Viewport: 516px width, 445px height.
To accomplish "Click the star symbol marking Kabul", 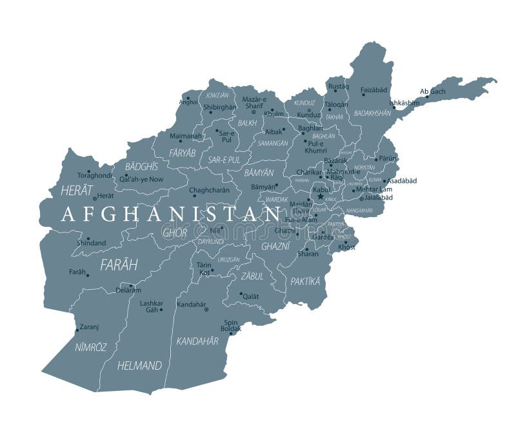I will tap(320, 196).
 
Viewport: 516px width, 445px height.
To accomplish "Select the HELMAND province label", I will tap(139, 366).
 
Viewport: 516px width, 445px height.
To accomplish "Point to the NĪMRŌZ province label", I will tap(90, 346).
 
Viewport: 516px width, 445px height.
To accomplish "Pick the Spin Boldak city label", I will tap(232, 325).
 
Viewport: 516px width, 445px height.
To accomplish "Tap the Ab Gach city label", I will tap(432, 91).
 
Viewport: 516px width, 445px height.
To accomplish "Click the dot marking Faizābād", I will tap(363, 95).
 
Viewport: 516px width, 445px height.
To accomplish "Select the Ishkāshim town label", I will tap(405, 103).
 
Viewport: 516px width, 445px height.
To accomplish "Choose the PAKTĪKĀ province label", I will tap(305, 281).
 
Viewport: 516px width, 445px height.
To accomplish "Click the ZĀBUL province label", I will tap(252, 276).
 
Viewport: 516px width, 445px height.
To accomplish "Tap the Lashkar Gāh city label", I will tap(152, 306).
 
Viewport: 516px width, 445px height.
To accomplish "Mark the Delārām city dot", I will tap(131, 286).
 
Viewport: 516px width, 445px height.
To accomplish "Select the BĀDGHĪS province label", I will tap(141, 166).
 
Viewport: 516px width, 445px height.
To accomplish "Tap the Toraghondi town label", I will tap(95, 175).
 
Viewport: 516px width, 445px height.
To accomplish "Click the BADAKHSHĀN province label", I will tap(372, 113).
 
